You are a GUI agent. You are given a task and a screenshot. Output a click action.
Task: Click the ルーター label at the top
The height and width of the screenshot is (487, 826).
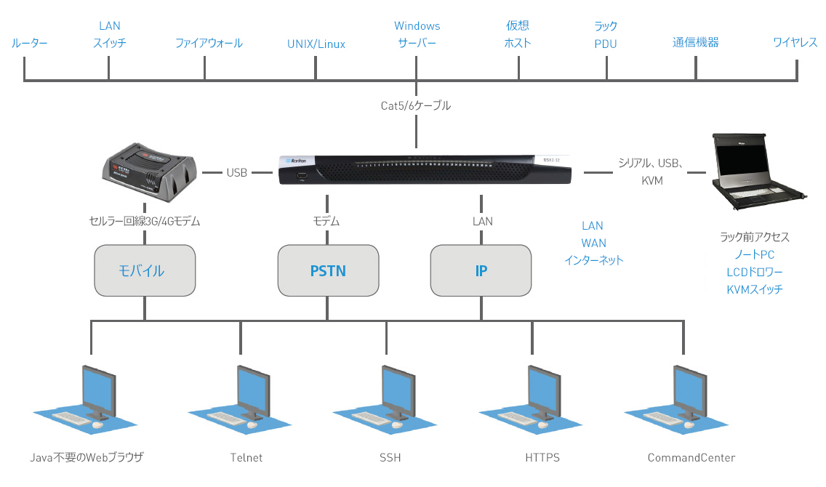pyautogui.click(x=30, y=44)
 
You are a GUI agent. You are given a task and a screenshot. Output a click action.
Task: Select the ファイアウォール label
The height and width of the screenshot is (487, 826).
pyautogui.click(x=209, y=44)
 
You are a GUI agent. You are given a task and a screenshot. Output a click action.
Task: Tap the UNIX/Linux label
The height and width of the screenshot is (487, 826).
pyautogui.click(x=316, y=44)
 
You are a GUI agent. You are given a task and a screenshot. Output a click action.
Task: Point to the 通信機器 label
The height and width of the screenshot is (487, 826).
pyautogui.click(x=696, y=43)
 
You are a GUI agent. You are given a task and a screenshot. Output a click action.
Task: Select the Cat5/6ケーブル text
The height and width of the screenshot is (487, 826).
pyautogui.click(x=416, y=106)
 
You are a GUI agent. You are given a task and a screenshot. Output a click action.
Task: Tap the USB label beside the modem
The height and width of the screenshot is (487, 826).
pyautogui.click(x=237, y=173)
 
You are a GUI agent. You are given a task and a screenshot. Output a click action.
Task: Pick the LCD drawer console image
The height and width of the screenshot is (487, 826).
pyautogui.click(x=760, y=172)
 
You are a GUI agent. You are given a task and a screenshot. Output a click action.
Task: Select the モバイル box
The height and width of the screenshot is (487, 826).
pyautogui.click(x=145, y=271)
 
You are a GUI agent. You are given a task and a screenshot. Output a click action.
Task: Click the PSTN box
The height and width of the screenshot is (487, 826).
pyautogui.click(x=329, y=271)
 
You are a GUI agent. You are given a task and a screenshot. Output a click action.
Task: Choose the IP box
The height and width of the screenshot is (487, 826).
pyautogui.click(x=481, y=271)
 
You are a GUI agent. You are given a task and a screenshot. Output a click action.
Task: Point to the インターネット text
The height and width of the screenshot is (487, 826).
pyautogui.click(x=594, y=260)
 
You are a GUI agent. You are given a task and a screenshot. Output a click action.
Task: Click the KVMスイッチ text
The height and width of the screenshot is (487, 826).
pyautogui.click(x=755, y=289)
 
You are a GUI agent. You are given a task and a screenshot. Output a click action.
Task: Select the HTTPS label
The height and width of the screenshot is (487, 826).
pyautogui.click(x=542, y=458)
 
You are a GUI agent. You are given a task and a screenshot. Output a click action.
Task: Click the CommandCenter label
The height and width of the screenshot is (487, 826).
pyautogui.click(x=691, y=458)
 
